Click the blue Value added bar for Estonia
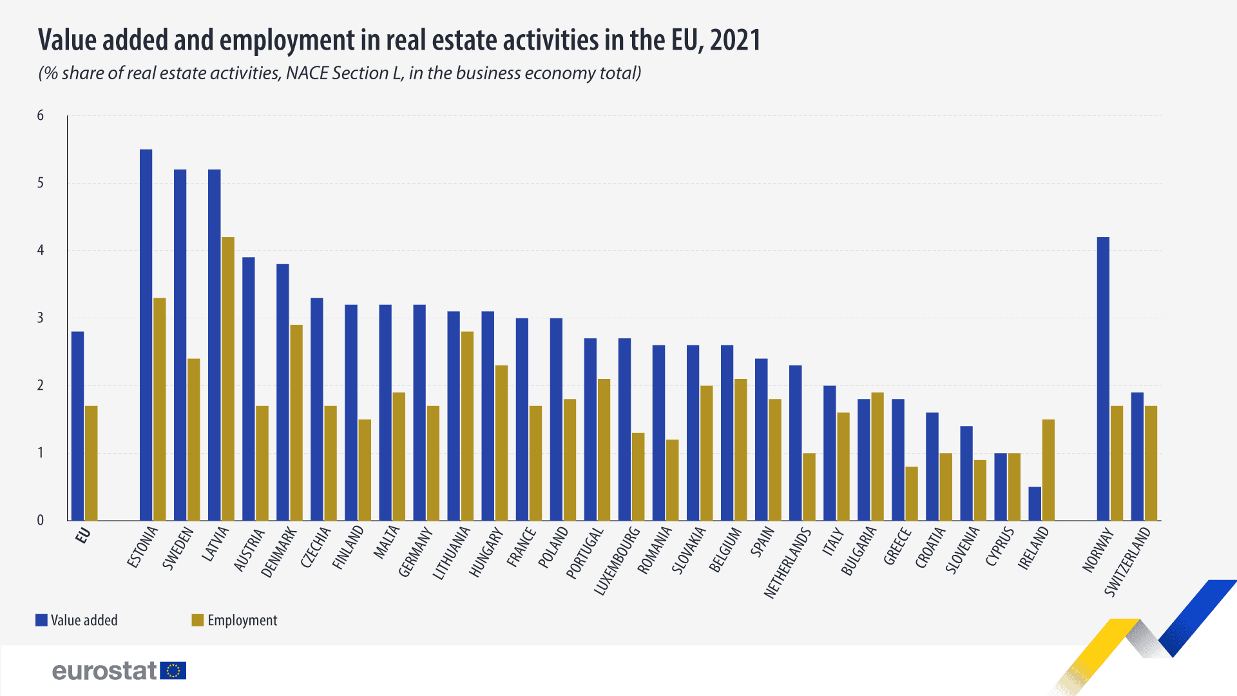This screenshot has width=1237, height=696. pos(146,335)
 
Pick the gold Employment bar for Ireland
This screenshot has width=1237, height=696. pos(1048,470)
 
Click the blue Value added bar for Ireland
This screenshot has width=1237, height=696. pos(1035,503)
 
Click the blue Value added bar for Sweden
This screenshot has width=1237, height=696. pos(180,345)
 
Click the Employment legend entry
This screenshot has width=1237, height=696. pos(235,620)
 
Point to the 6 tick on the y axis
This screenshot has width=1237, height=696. pos(41,115)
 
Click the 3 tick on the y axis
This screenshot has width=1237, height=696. pos(41,318)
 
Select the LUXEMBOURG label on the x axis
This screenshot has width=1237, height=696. pos(617,561)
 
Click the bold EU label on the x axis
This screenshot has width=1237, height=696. pos(83,536)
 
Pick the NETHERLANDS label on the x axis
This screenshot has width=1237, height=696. pos(787,563)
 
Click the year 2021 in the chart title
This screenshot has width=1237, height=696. pos(735,40)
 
